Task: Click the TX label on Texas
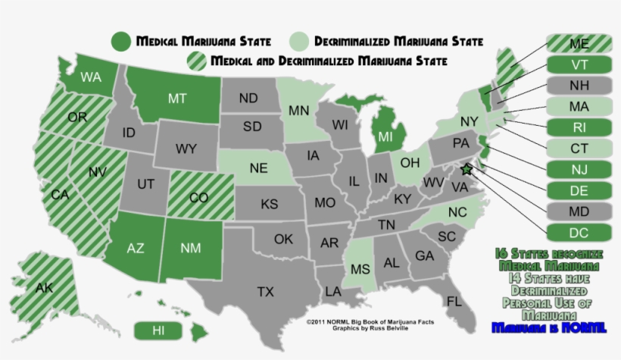pos(265,291)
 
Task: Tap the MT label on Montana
pos(177,99)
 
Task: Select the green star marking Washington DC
pos(466,170)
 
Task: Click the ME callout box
pos(579,45)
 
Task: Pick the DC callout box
pos(579,233)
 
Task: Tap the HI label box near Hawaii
pos(158,330)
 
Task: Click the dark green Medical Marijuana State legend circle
pos(120,41)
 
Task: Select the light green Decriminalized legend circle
pos(301,41)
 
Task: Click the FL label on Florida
pos(454,302)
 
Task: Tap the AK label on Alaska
pos(44,287)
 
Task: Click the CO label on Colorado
pos(198,198)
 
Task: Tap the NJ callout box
pos(579,167)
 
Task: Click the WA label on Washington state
pos(92,77)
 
